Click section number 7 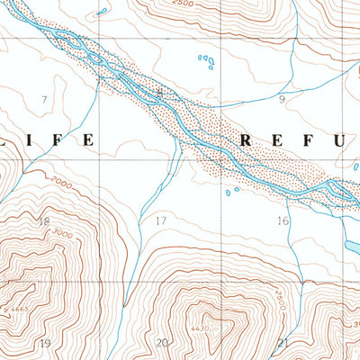(x=42, y=98)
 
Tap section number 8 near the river (x=160, y=93)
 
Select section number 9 (x=281, y=98)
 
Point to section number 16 (x=282, y=220)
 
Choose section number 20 (x=162, y=343)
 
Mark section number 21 (x=283, y=343)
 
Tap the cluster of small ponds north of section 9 (x=208, y=62)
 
